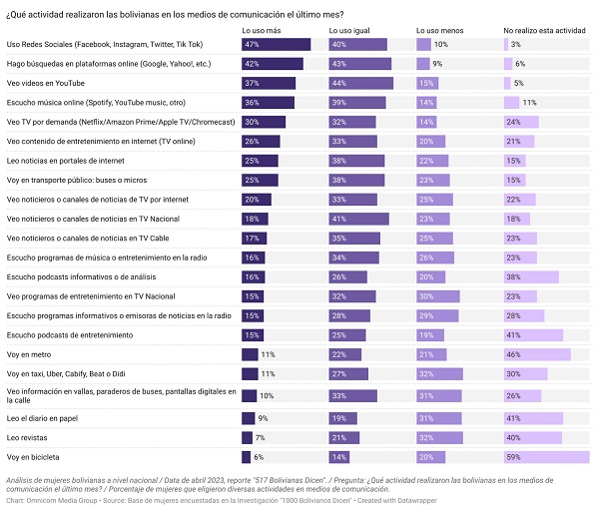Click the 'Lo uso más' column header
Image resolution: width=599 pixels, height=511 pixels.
262,31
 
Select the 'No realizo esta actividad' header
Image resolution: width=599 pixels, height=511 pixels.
544,31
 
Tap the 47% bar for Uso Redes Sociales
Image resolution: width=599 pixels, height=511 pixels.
276,45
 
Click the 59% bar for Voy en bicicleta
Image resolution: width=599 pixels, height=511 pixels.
547,457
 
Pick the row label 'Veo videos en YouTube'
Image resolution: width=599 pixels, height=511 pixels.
46,83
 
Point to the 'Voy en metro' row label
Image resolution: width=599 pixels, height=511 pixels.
29,354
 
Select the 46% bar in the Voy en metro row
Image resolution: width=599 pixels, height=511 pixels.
537,354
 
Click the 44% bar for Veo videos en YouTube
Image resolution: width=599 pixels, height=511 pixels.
361,83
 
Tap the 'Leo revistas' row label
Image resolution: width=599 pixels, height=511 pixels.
27,438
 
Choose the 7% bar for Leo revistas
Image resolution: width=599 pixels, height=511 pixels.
247,438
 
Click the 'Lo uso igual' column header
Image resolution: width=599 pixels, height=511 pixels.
349,31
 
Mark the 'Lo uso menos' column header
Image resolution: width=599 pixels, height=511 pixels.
439,31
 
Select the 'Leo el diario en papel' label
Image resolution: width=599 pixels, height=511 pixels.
42,418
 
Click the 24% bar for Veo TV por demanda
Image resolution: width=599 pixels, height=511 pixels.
521,122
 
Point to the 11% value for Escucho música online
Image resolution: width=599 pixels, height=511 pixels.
529,103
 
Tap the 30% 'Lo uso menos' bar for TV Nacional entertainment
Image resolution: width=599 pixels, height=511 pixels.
438,296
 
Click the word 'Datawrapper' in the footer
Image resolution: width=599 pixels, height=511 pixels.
417,501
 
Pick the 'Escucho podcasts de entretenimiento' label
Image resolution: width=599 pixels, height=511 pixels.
70,335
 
